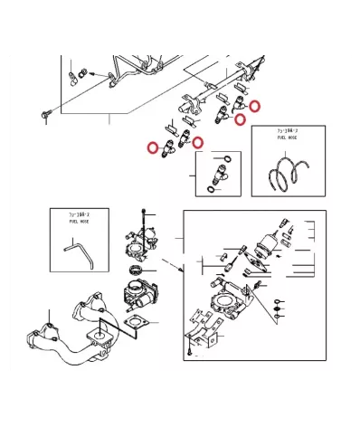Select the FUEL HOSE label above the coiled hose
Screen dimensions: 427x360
pyautogui.click(x=289, y=137)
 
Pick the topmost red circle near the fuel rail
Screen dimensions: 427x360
pyautogui.click(x=256, y=106)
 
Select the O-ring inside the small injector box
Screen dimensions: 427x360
pyautogui.click(x=225, y=159)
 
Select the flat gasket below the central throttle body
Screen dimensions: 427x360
pyautogui.click(x=137, y=324)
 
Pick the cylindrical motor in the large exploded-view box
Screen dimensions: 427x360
pyautogui.click(x=268, y=242)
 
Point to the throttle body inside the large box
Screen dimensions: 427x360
pyautogui.click(x=223, y=302)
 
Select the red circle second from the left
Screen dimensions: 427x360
pyautogui.click(x=198, y=142)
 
